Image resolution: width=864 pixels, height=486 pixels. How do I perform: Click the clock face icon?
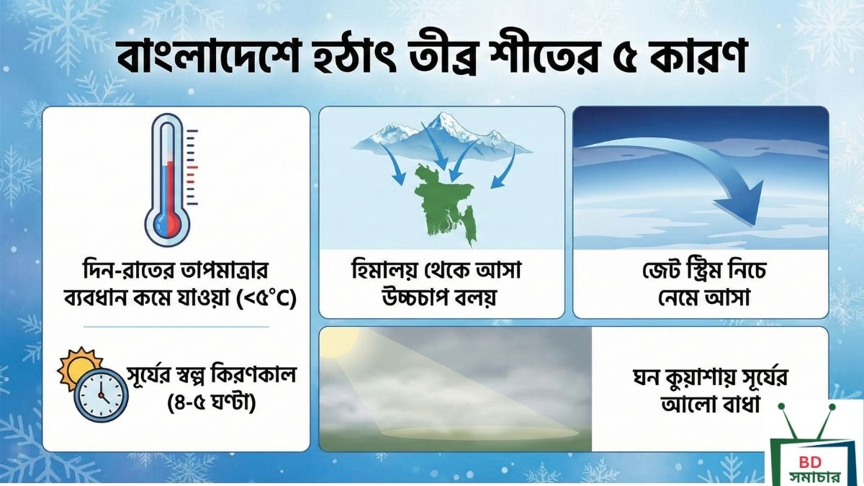click(x=102, y=394)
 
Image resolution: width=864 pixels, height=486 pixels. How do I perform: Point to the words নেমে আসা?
click(x=701, y=297)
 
